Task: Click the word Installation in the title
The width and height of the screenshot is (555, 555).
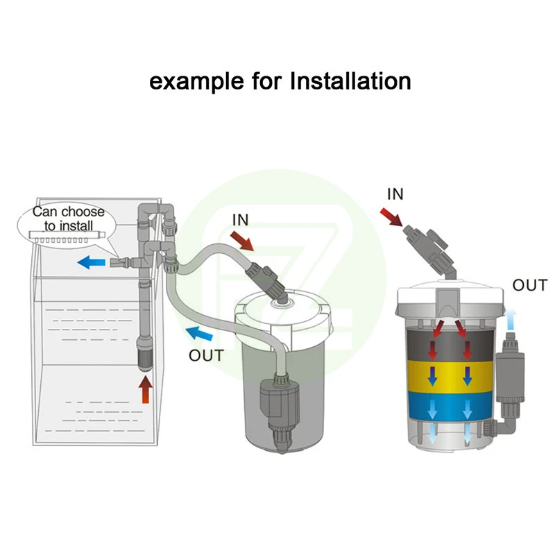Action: pos(350,80)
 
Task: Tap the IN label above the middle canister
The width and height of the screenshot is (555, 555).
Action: pos(240,220)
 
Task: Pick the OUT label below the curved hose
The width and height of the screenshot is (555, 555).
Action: pos(207,356)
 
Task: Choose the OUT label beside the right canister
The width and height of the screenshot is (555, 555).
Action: pos(530,284)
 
